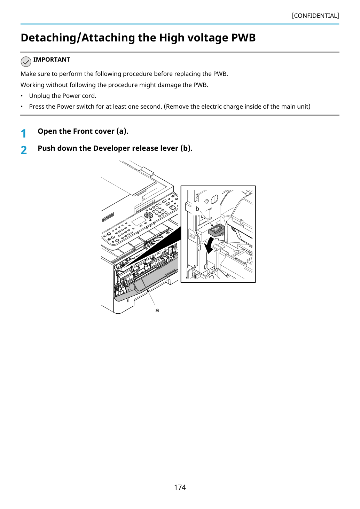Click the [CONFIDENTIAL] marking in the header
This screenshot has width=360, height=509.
pyautogui.click(x=315, y=16)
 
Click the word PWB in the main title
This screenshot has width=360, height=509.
pyautogui.click(x=243, y=38)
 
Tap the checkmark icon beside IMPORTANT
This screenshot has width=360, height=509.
pyautogui.click(x=26, y=62)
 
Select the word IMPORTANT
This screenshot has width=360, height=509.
pyautogui.click(x=52, y=60)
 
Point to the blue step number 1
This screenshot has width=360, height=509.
pyautogui.click(x=23, y=133)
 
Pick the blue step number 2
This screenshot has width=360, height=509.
pyautogui.click(x=24, y=150)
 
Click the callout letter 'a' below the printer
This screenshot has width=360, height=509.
pyautogui.click(x=157, y=311)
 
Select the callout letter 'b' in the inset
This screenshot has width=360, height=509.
pyautogui.click(x=197, y=209)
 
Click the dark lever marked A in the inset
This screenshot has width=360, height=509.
pyautogui.click(x=216, y=230)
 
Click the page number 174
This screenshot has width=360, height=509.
pyautogui.click(x=180, y=487)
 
